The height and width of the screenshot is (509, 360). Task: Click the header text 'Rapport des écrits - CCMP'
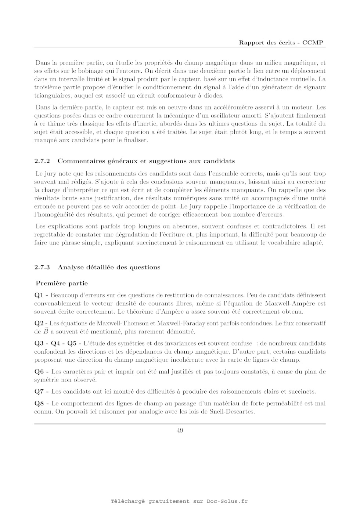point(281,43)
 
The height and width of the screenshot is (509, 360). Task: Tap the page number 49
point(180,430)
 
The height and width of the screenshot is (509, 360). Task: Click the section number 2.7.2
point(42,161)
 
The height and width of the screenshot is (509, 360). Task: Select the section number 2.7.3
point(42,267)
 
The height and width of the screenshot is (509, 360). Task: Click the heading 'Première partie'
point(62,284)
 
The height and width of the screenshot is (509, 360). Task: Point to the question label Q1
point(39,295)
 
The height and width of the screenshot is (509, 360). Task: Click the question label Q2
point(39,324)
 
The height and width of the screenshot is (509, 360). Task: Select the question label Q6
point(39,372)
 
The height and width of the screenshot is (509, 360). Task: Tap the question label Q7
point(39,391)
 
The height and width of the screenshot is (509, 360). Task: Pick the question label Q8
point(39,404)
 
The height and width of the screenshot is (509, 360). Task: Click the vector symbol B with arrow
point(46,331)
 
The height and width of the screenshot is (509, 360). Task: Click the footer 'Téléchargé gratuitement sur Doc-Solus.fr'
point(179,501)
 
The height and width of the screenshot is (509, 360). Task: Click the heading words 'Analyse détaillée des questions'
point(109,267)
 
